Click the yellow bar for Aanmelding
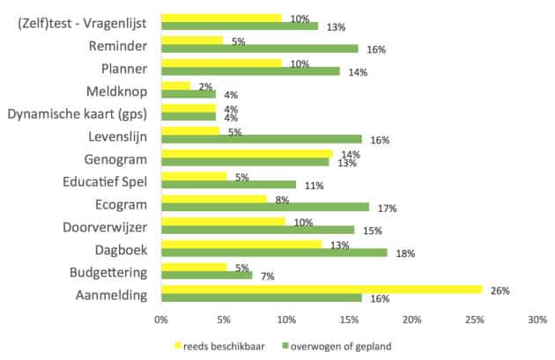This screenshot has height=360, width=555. coord(322,290)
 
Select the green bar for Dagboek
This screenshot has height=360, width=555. coord(274,253)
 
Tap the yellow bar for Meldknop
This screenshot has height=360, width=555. coord(175,85)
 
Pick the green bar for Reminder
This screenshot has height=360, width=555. coord(260,48)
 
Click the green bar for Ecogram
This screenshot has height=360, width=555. coord(265,207)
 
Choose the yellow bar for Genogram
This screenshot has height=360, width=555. coord(247,154)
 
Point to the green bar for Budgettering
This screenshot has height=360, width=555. coord(207,276)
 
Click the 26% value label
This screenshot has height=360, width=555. coord(500,290)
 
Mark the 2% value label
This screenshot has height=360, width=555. coord(205,86)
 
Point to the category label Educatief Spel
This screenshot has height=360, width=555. coord(100,181)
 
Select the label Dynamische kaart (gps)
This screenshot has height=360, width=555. coord(78,113)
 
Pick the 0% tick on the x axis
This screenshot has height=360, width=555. coord(161,320)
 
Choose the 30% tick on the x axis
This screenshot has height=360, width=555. coord(537,320)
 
